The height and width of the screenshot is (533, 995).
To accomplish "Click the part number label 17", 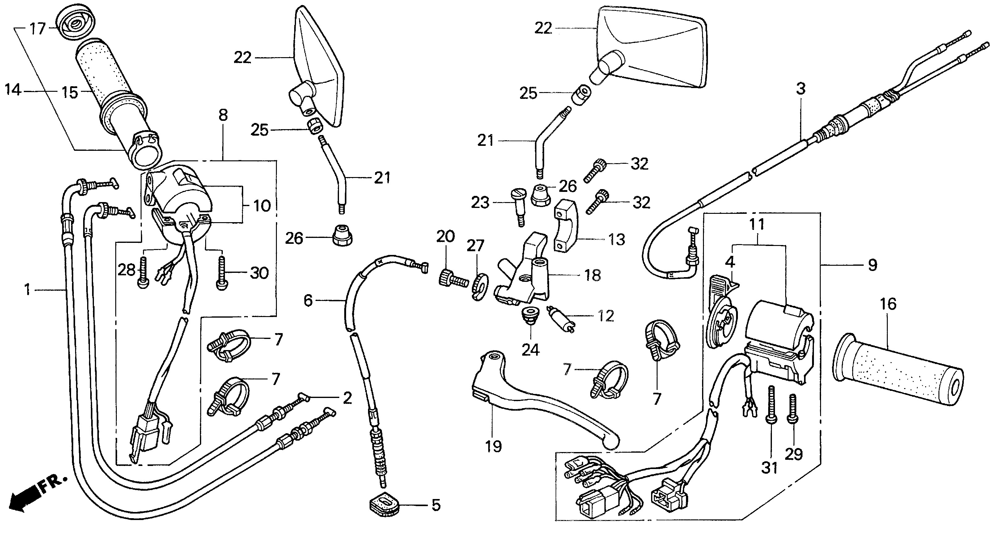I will tap(38, 29).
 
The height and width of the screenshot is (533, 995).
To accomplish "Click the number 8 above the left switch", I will tap(223, 115).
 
